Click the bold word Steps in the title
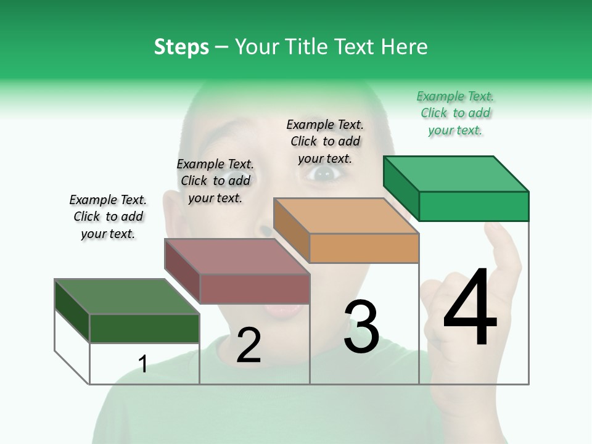pyautogui.click(x=181, y=47)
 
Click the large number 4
pyautogui.click(x=470, y=308)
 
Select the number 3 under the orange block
pyautogui.click(x=361, y=327)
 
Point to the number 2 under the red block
pyautogui.click(x=249, y=345)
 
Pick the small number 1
pyautogui.click(x=143, y=364)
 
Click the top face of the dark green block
pyautogui.click(x=126, y=297)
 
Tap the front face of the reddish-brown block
pyautogui.click(x=255, y=289)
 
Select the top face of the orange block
pyautogui.click(x=345, y=216)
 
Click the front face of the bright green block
pyautogui.click(x=474, y=206)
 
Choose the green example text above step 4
pyautogui.click(x=455, y=113)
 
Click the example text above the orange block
pyautogui.click(x=325, y=141)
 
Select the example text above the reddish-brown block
pyautogui.click(x=215, y=181)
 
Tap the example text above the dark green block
pyautogui.click(x=108, y=216)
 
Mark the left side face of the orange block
pyautogui.click(x=291, y=230)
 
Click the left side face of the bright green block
pyautogui.click(x=401, y=188)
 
